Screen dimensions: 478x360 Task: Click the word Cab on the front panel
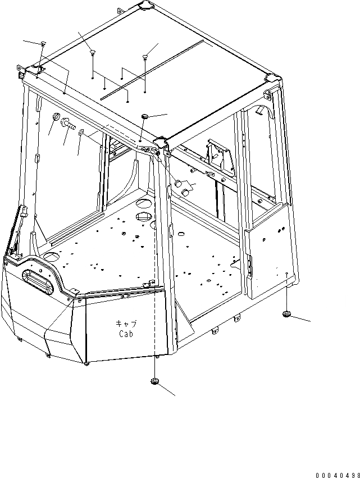(127, 333)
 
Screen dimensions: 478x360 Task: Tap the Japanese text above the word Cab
(126, 324)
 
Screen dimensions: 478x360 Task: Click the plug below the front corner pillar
(154, 382)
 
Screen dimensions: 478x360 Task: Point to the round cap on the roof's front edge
(145, 115)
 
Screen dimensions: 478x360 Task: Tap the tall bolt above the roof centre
(145, 56)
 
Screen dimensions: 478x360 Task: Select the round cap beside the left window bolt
(56, 117)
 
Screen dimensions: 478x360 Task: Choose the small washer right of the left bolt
(81, 133)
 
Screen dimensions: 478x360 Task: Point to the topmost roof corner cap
(144, 6)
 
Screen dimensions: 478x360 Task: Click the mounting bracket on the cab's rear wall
(220, 156)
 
